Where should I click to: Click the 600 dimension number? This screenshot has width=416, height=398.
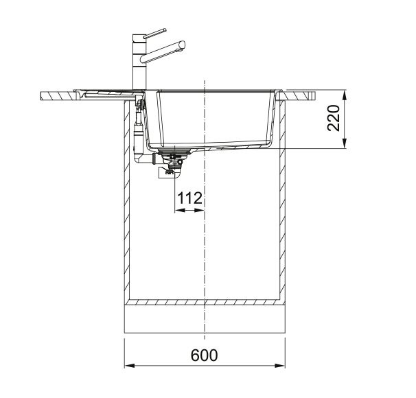click(x=204, y=355)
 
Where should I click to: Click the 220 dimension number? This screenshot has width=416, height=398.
click(x=333, y=118)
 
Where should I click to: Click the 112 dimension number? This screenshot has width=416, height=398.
click(x=189, y=198)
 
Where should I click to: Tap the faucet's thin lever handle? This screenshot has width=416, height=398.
click(x=155, y=34)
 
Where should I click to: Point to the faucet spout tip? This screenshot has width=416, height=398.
click(x=182, y=45)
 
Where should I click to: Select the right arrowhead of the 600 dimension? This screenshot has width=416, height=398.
click(x=280, y=366)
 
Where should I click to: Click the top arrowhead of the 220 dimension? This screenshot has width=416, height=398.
click(x=345, y=95)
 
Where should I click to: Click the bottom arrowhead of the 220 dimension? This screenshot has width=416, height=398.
click(x=345, y=143)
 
